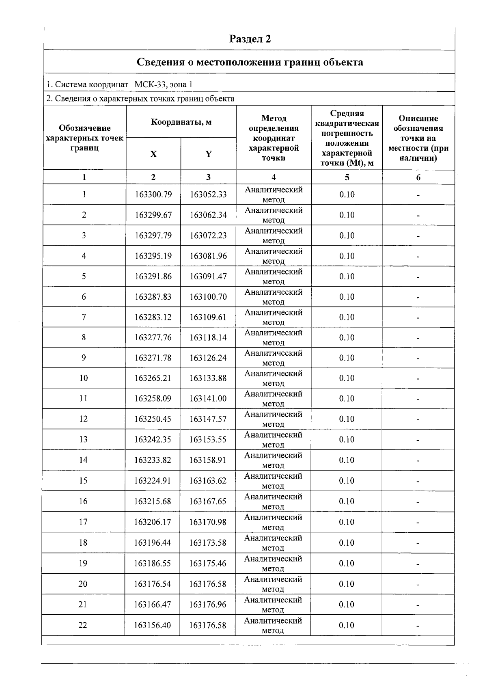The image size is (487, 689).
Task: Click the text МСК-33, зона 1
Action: pos(163,84)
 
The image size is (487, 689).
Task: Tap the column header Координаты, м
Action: pos(181,122)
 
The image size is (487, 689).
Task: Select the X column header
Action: pos(153,154)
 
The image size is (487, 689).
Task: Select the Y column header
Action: pos(208,154)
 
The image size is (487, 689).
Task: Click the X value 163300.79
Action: pos(153,194)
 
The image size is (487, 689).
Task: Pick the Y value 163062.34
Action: pos(208,215)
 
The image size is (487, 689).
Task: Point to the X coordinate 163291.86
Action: pos(153,276)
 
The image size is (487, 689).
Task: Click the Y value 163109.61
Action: pos(208,317)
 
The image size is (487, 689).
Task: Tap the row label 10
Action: pos(84,378)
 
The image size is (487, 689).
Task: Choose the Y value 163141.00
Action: pos(208,399)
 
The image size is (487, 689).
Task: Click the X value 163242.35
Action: pos(153,439)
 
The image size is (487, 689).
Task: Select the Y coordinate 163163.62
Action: pos(208,481)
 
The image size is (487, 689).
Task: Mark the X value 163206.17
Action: pos(153,522)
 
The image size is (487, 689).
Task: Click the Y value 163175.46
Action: pos(208,564)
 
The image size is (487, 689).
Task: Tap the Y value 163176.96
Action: pos(208,605)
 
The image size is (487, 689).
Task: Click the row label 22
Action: pos(83,625)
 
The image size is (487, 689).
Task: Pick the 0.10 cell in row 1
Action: pos(347,194)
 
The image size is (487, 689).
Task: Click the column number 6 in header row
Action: pos(418,177)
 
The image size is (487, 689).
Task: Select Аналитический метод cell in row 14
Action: pos(273,460)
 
